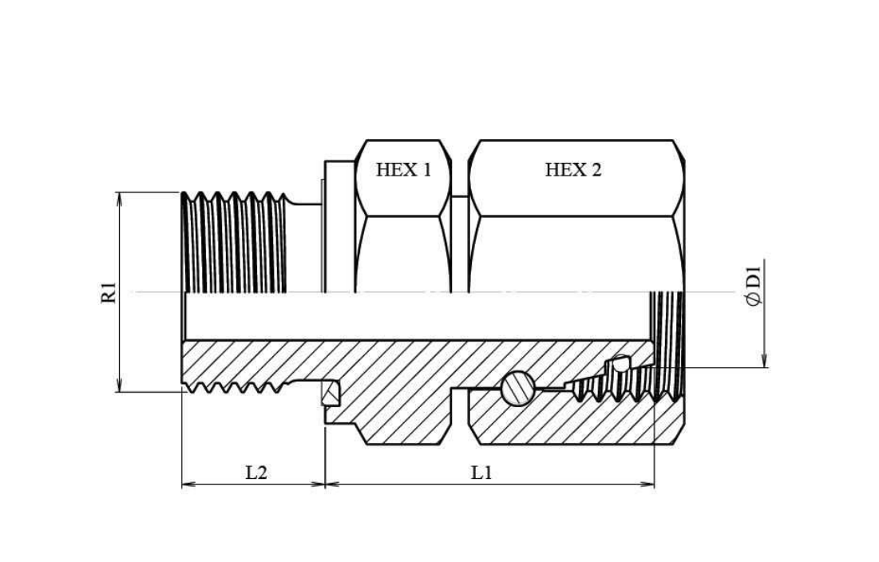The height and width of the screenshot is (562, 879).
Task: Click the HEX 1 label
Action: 404,169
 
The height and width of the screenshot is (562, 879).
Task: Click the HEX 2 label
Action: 573,169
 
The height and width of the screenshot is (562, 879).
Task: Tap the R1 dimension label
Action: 109,292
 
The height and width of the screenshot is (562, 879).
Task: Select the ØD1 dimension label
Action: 755,286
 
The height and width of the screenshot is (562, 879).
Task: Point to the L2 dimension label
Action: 256,473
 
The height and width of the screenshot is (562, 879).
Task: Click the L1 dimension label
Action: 481,473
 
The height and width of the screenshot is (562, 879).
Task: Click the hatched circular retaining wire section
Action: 518,388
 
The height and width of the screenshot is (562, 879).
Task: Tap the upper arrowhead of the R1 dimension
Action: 119,198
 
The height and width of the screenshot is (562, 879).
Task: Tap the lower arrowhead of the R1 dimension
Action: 119,386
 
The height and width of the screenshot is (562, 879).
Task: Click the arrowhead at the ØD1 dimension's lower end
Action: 765,362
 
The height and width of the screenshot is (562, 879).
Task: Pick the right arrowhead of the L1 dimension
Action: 647,484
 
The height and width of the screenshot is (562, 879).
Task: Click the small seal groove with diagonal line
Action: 331,394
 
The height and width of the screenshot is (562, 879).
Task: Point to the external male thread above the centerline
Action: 234,242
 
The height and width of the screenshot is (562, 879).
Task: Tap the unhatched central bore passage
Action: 417,316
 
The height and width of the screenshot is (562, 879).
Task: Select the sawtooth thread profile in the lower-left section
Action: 235,386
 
